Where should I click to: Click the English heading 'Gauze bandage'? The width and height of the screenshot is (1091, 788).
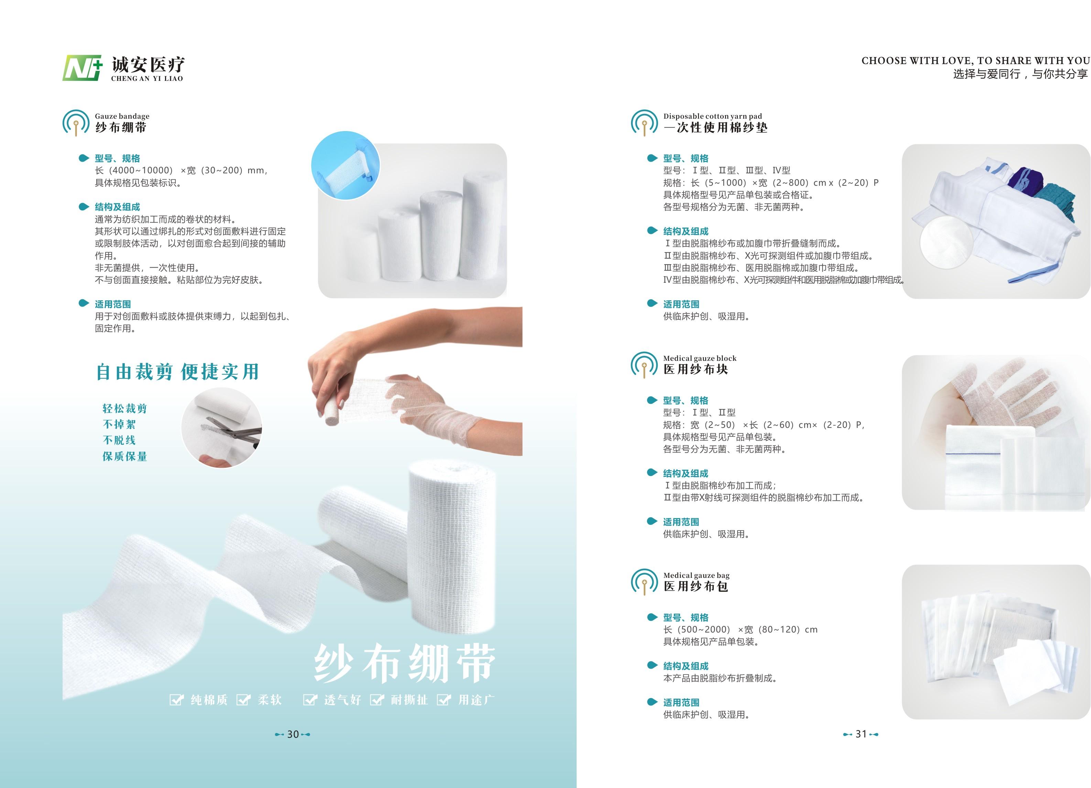[122, 116]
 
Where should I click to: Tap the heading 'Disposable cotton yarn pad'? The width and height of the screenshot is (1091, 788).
[712, 116]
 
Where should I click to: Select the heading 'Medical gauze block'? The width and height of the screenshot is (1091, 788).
[699, 358]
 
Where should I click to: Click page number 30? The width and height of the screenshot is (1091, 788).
[293, 734]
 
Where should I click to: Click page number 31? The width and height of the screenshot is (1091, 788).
[861, 734]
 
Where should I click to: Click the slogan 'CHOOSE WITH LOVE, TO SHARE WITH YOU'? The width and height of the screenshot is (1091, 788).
[975, 61]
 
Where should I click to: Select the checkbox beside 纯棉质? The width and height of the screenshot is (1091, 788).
[176, 700]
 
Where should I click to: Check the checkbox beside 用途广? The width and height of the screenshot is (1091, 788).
[444, 700]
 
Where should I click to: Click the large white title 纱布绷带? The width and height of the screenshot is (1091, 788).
[405, 663]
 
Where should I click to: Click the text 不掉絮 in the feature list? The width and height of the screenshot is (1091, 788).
[119, 424]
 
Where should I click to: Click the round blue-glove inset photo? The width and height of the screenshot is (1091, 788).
[346, 166]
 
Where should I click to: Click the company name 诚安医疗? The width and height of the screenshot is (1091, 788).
[148, 64]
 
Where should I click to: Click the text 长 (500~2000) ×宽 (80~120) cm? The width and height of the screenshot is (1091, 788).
[740, 629]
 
